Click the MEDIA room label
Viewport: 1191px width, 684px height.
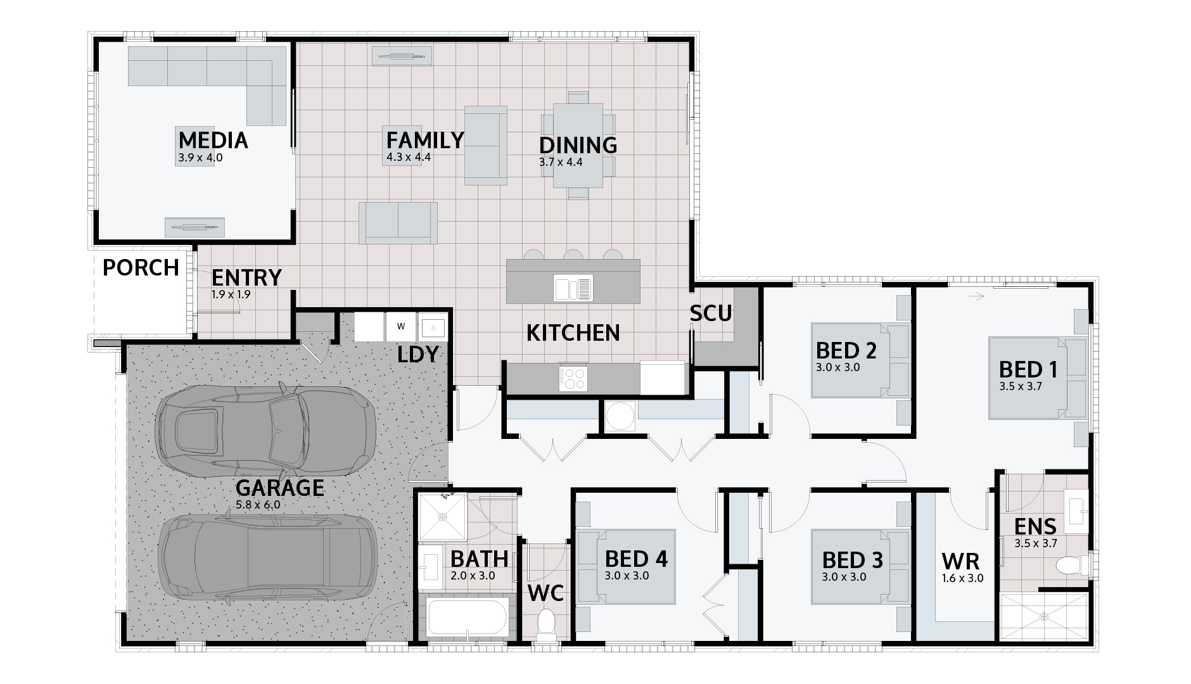[x=213, y=140]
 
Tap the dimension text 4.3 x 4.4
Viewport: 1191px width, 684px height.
[x=409, y=156]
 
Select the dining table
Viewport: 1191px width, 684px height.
[x=578, y=145]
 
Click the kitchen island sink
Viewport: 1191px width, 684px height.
[x=573, y=289]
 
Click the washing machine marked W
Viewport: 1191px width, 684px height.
[x=400, y=327]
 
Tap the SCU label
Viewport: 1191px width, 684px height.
[x=711, y=313]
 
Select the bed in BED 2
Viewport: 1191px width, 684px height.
[x=860, y=360]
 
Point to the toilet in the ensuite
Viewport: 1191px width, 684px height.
[x=1074, y=563]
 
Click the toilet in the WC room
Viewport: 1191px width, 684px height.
[x=545, y=623]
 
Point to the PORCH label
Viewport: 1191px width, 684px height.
[x=141, y=268]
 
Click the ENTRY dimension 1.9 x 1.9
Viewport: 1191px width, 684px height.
[x=231, y=294]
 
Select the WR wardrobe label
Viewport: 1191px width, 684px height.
[x=960, y=561]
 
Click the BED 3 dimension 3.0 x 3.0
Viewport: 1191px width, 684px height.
[x=844, y=577]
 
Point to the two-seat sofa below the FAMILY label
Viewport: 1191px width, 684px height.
[x=398, y=223]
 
